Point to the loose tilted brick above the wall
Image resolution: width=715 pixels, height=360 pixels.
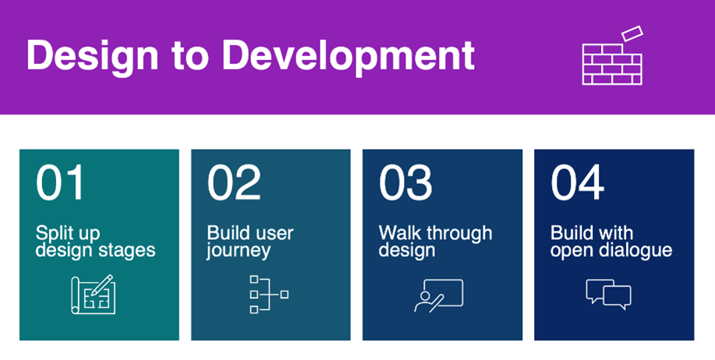click(632, 34)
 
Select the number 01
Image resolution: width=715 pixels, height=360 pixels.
click(60, 183)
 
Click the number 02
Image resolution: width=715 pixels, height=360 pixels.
click(234, 183)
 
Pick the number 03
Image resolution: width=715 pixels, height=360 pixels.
click(405, 183)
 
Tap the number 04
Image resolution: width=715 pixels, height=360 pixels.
click(577, 183)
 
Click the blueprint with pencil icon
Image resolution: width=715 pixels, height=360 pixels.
click(93, 295)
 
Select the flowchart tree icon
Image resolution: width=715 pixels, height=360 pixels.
click(269, 294)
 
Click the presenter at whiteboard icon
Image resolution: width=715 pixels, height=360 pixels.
click(439, 295)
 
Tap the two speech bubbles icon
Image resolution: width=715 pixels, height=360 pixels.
click(608, 295)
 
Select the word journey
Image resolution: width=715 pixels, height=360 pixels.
click(239, 251)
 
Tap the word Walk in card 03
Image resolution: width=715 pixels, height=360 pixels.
click(397, 233)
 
